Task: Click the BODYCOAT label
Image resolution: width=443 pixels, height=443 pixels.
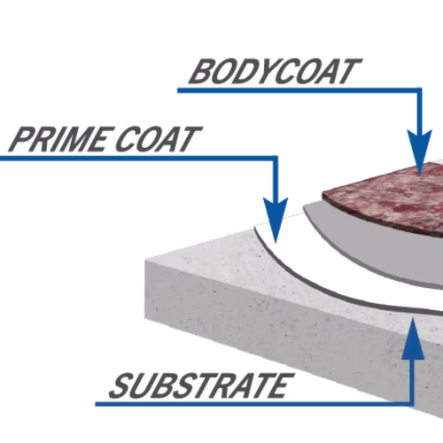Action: coord(276,71)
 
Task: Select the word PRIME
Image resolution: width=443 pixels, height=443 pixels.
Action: coord(58,139)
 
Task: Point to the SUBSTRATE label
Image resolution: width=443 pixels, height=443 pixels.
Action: coord(202,385)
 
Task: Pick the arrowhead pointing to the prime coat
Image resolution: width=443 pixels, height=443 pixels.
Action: coord(276,220)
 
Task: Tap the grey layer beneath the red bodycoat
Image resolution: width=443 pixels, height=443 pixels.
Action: coord(384,251)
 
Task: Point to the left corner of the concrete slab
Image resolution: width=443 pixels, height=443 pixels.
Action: coord(145,260)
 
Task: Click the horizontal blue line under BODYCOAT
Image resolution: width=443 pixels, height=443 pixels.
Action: coord(299,90)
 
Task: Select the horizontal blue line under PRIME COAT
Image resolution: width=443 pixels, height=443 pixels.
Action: coord(139,159)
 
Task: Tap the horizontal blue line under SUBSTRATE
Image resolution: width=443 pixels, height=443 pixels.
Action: coord(254,404)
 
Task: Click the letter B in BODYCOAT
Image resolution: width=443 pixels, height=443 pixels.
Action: coord(203,71)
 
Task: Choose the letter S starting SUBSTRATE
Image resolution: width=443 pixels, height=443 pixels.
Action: coord(121,385)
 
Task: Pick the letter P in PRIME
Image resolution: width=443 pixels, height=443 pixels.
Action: coord(22,139)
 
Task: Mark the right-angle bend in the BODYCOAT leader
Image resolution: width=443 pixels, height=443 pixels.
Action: coord(419,90)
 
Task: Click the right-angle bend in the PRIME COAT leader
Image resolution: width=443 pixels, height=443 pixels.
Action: coord(276,159)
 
